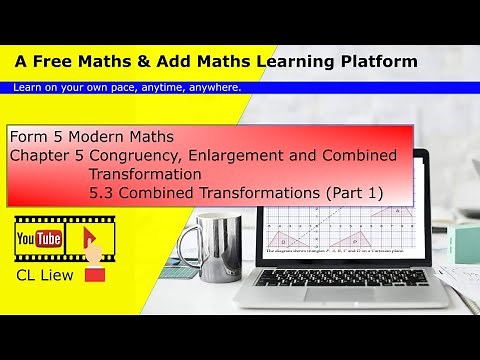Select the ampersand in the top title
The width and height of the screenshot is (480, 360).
(x=165, y=62)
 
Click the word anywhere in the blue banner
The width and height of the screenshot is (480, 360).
(x=211, y=87)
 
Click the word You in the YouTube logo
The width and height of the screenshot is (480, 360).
(x=26, y=238)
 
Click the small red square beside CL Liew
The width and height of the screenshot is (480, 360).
(x=94, y=273)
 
